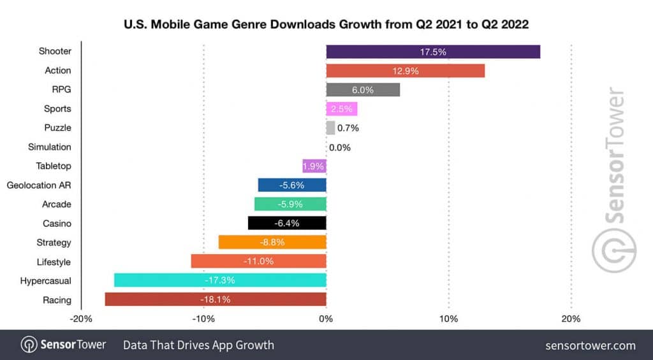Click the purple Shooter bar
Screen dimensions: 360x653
coord(433,52)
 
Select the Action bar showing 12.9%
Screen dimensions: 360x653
coord(405,71)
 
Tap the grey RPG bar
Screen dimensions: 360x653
coord(363,90)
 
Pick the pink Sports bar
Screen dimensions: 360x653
coord(342,109)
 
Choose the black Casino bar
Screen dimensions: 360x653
coord(287,223)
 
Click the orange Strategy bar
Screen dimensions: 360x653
coord(272,242)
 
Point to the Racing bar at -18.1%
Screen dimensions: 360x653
coord(216,299)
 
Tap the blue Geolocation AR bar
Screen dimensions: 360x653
coord(292,185)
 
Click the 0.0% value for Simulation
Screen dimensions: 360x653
coord(340,147)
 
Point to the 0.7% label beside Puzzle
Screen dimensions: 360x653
coord(348,128)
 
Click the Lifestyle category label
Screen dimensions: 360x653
coord(54,262)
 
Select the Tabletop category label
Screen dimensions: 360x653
coord(54,166)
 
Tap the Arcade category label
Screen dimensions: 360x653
coord(57,205)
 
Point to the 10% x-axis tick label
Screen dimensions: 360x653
coord(448,319)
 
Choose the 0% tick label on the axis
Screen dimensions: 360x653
coord(326,319)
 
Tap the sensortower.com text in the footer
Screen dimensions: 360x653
coord(591,345)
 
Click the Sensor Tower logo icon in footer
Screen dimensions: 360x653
coord(29,345)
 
